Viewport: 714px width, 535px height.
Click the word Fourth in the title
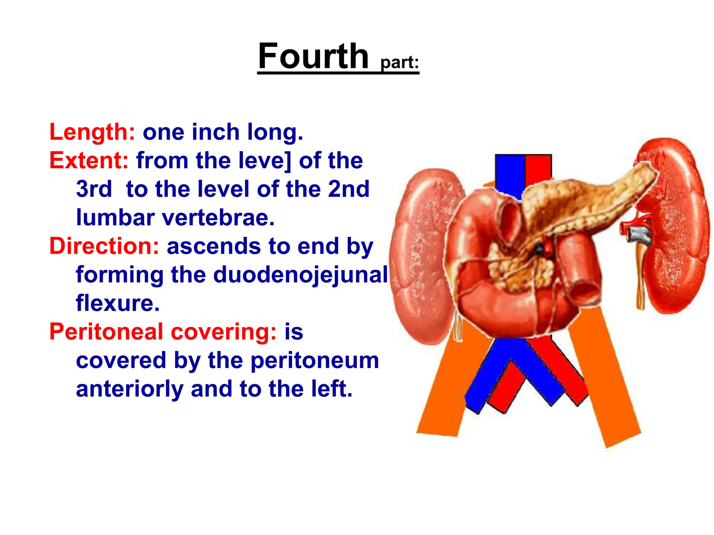313,56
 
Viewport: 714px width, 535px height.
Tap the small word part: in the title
400,63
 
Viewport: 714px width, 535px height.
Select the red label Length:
92,132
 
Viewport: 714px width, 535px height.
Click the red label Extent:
89,161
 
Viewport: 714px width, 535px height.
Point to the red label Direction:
104,246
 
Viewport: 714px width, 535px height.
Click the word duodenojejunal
300,275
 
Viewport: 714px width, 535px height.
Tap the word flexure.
117,303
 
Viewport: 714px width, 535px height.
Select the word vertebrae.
219,218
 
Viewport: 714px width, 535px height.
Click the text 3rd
94,189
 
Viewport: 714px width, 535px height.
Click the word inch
215,132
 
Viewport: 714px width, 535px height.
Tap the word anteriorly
129,389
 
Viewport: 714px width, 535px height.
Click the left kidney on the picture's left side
422,254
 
